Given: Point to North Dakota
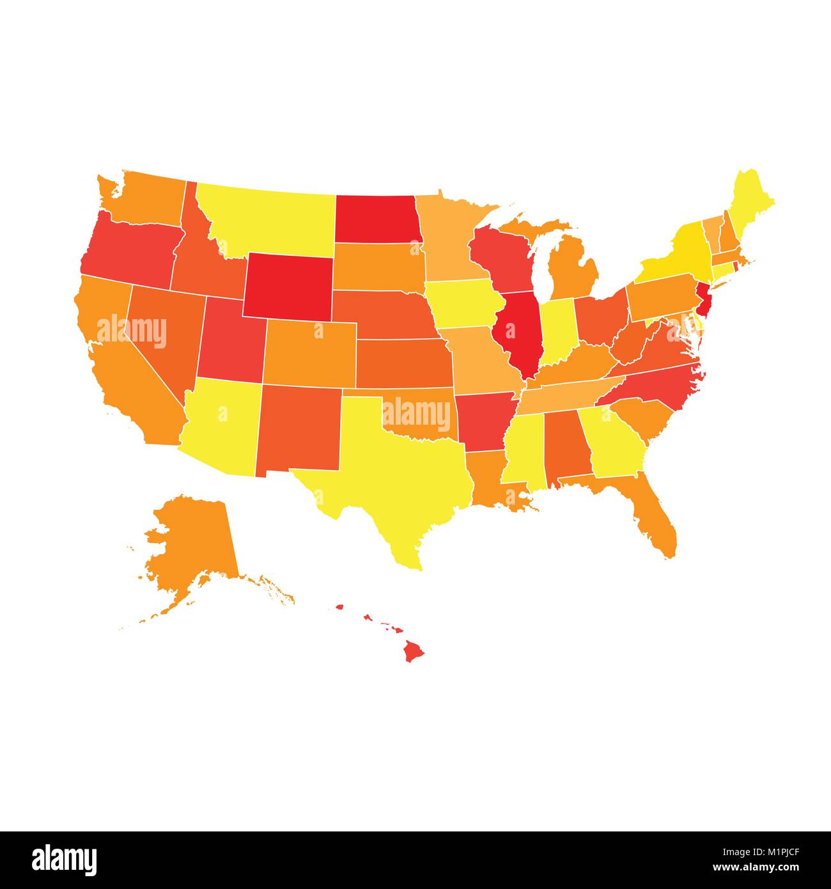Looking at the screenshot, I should pos(376,217).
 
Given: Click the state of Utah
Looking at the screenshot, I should pos(230,345).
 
